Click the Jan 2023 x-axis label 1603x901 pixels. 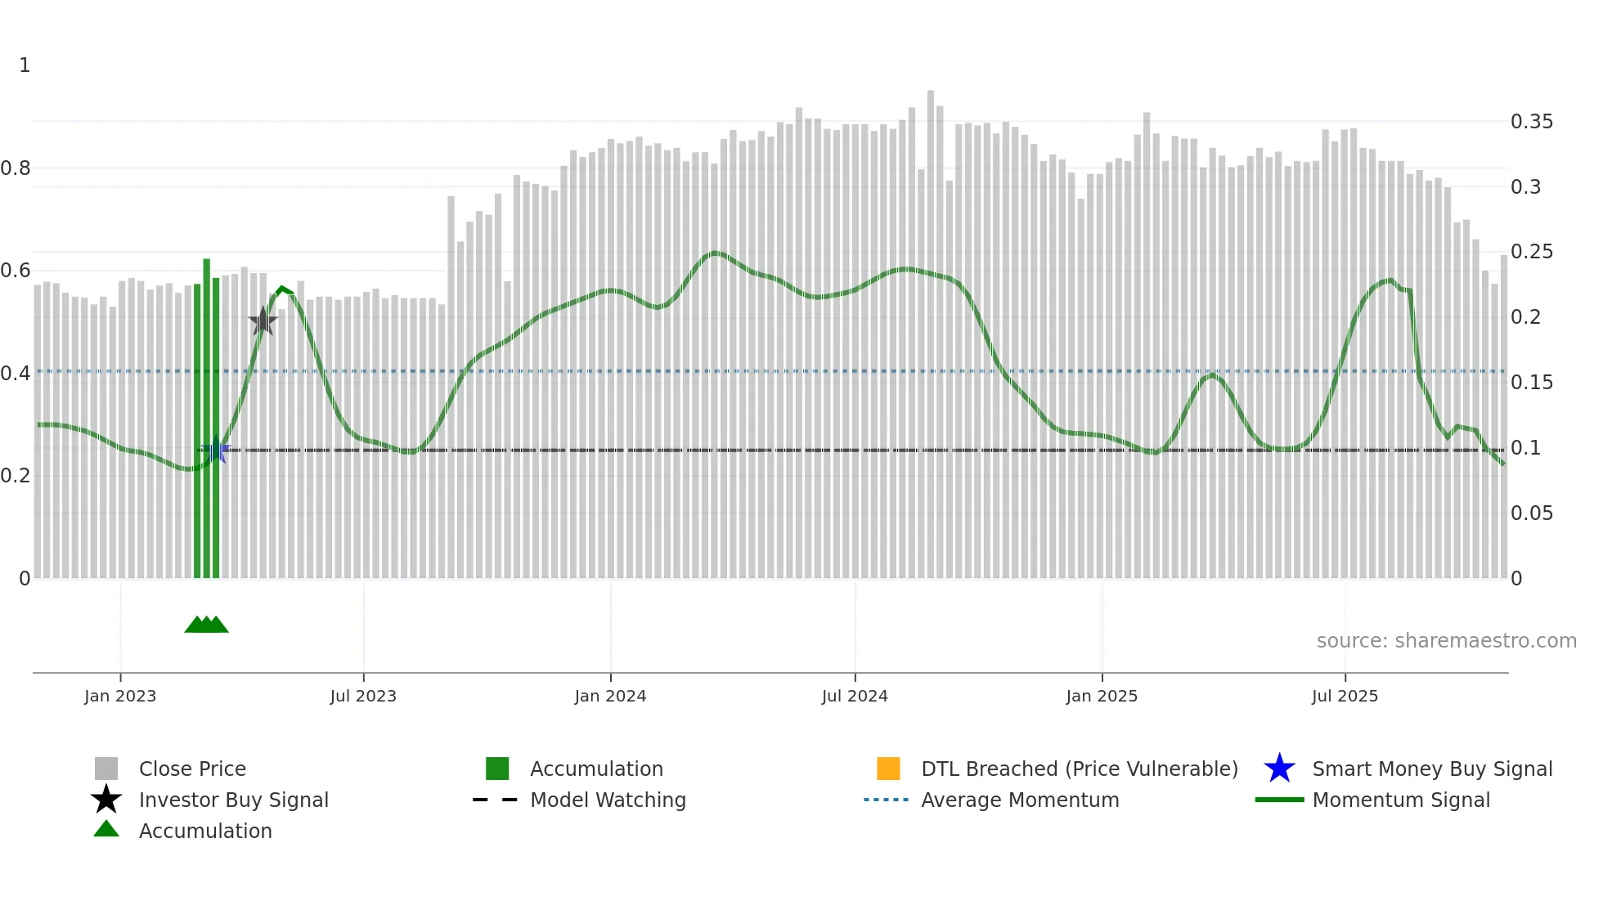tap(120, 696)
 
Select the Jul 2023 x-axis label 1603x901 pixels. tap(363, 696)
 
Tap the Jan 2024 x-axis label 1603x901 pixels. tap(610, 696)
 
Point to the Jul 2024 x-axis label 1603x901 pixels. tap(855, 696)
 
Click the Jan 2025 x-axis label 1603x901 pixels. tap(1102, 696)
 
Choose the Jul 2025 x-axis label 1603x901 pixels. tap(1345, 696)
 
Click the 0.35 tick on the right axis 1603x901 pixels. tap(1531, 122)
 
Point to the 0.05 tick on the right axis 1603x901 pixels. tap(1531, 513)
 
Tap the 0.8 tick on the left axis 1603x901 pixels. tap(16, 168)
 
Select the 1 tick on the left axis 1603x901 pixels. tap(25, 65)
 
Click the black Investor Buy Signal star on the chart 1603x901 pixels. tap(263, 321)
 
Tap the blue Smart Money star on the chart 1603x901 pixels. tap(216, 450)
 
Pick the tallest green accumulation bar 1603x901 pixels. tap(207, 417)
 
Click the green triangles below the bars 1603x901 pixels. tap(206, 625)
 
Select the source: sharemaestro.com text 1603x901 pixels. tap(1446, 641)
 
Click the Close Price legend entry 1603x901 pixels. tap(191, 769)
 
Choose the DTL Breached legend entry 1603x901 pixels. tap(1079, 769)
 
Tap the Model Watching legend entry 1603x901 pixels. tap(607, 800)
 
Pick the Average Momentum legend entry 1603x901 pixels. tap(1019, 800)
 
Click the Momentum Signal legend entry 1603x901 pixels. tap(1400, 800)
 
